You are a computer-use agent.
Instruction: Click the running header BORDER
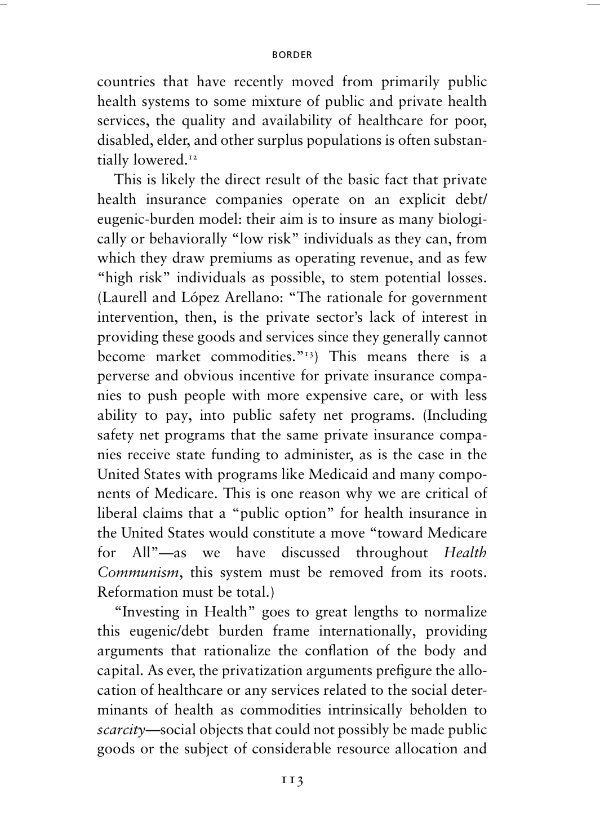[292, 55]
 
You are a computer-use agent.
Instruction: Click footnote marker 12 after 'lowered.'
[193, 157]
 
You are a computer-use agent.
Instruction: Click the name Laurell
[123, 298]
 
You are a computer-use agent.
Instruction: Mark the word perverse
[125, 376]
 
